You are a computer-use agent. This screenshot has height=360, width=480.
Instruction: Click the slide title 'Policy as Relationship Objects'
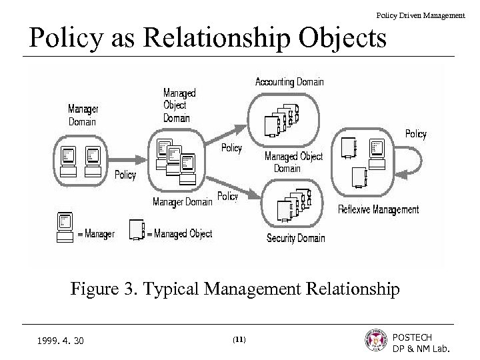(207, 39)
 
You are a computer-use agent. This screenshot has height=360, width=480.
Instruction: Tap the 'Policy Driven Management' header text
(420, 15)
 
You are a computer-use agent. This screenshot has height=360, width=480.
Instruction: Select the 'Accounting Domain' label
(289, 82)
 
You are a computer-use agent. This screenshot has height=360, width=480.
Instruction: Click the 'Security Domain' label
(295, 238)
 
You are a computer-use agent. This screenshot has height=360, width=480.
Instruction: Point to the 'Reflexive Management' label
(378, 209)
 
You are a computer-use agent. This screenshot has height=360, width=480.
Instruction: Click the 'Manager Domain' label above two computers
(83, 115)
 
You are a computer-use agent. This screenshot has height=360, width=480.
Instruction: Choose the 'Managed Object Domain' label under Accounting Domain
(293, 162)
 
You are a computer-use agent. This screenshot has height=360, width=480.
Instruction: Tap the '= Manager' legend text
(95, 234)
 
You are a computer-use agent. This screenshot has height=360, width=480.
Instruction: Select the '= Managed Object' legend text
(179, 234)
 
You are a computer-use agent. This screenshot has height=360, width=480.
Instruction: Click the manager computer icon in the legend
(65, 227)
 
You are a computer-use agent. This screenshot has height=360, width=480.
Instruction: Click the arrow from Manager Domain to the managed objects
(127, 159)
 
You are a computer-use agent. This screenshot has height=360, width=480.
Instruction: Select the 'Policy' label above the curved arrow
(415, 134)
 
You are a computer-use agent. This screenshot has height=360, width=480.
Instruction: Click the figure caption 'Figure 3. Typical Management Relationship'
(235, 289)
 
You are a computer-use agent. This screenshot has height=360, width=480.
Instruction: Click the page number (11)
(239, 340)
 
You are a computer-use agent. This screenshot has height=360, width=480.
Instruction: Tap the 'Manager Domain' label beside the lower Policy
(182, 201)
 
